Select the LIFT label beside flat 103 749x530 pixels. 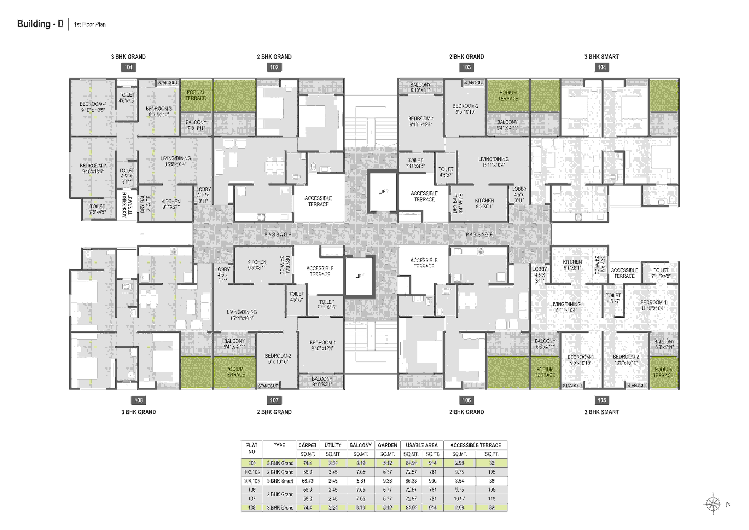tap(384, 192)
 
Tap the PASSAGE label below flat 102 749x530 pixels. tap(278, 234)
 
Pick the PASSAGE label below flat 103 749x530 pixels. tap(479, 234)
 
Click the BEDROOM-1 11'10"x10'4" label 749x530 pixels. tap(653, 305)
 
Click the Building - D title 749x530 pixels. tap(40, 24)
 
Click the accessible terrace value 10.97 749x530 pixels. tap(459, 499)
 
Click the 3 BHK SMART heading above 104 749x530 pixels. tap(602, 57)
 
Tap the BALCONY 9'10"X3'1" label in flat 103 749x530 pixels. tap(421, 87)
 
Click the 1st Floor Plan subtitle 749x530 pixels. tap(90, 24)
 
